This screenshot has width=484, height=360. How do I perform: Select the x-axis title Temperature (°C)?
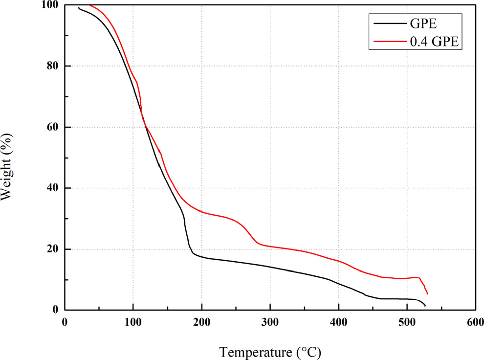[x=270, y=351]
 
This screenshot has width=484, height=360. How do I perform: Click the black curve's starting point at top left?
[x=79, y=7]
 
